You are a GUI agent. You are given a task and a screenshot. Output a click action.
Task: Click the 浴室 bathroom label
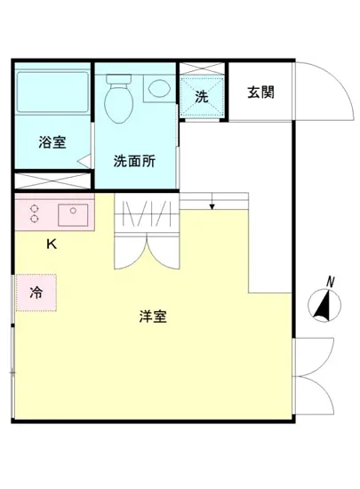[52, 142]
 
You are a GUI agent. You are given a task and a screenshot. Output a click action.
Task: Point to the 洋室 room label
[154, 316]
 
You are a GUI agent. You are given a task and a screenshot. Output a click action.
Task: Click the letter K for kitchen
[52, 244]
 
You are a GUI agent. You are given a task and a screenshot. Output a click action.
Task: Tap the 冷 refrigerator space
[36, 292]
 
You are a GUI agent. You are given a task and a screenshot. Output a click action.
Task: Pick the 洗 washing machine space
[202, 96]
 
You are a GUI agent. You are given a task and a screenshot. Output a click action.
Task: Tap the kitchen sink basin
[71, 214]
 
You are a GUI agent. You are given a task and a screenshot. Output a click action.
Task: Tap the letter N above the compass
[330, 282]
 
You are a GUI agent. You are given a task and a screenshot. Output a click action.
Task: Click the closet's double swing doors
[147, 250]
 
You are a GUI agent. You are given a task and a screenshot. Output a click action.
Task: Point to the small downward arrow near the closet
[212, 206]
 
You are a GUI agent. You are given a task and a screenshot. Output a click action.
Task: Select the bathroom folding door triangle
[84, 162]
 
